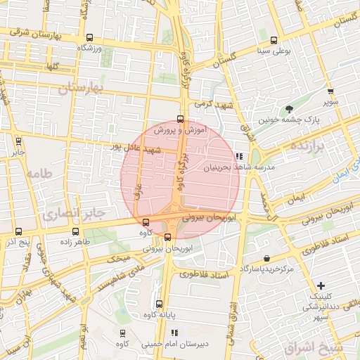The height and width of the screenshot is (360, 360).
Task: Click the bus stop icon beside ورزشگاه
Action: (x=89, y=38)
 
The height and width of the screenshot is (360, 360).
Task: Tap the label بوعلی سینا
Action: (x=275, y=51)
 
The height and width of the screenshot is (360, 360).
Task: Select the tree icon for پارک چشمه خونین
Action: (x=288, y=108)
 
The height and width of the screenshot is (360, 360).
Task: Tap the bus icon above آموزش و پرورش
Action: (x=180, y=119)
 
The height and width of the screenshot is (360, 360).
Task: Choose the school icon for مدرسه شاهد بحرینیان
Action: (x=240, y=156)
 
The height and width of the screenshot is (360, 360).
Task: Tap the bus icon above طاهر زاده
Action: (x=75, y=231)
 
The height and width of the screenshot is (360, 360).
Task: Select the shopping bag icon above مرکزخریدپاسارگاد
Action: (x=266, y=259)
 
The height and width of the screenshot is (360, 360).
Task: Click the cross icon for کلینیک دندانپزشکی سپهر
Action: (x=321, y=285)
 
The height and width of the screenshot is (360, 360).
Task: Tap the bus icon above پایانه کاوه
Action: (x=159, y=304)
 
